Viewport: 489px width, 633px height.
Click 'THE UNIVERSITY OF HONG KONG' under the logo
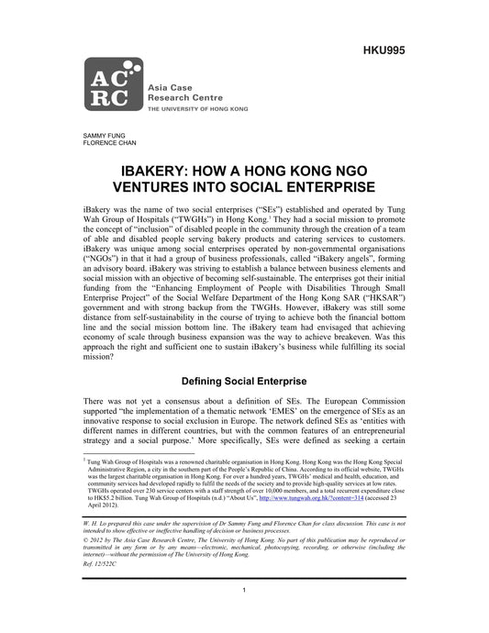194,107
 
